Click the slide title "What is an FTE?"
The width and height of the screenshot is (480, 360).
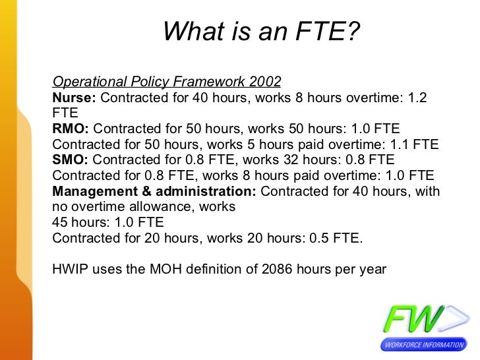[262, 30]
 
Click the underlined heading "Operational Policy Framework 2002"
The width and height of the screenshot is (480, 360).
[166, 82]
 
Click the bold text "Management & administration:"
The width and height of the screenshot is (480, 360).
[154, 191]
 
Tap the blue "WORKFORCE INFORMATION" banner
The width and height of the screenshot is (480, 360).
[422, 345]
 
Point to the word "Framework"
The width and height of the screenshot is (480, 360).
[209, 82]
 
